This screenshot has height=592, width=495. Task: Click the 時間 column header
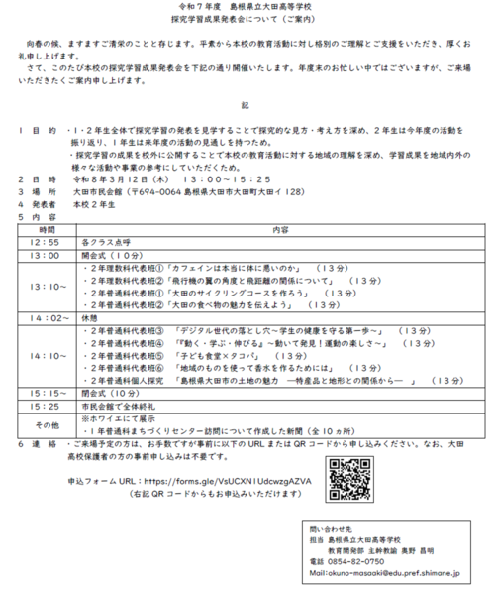[x=47, y=228]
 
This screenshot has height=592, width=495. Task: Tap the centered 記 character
[x=247, y=103]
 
